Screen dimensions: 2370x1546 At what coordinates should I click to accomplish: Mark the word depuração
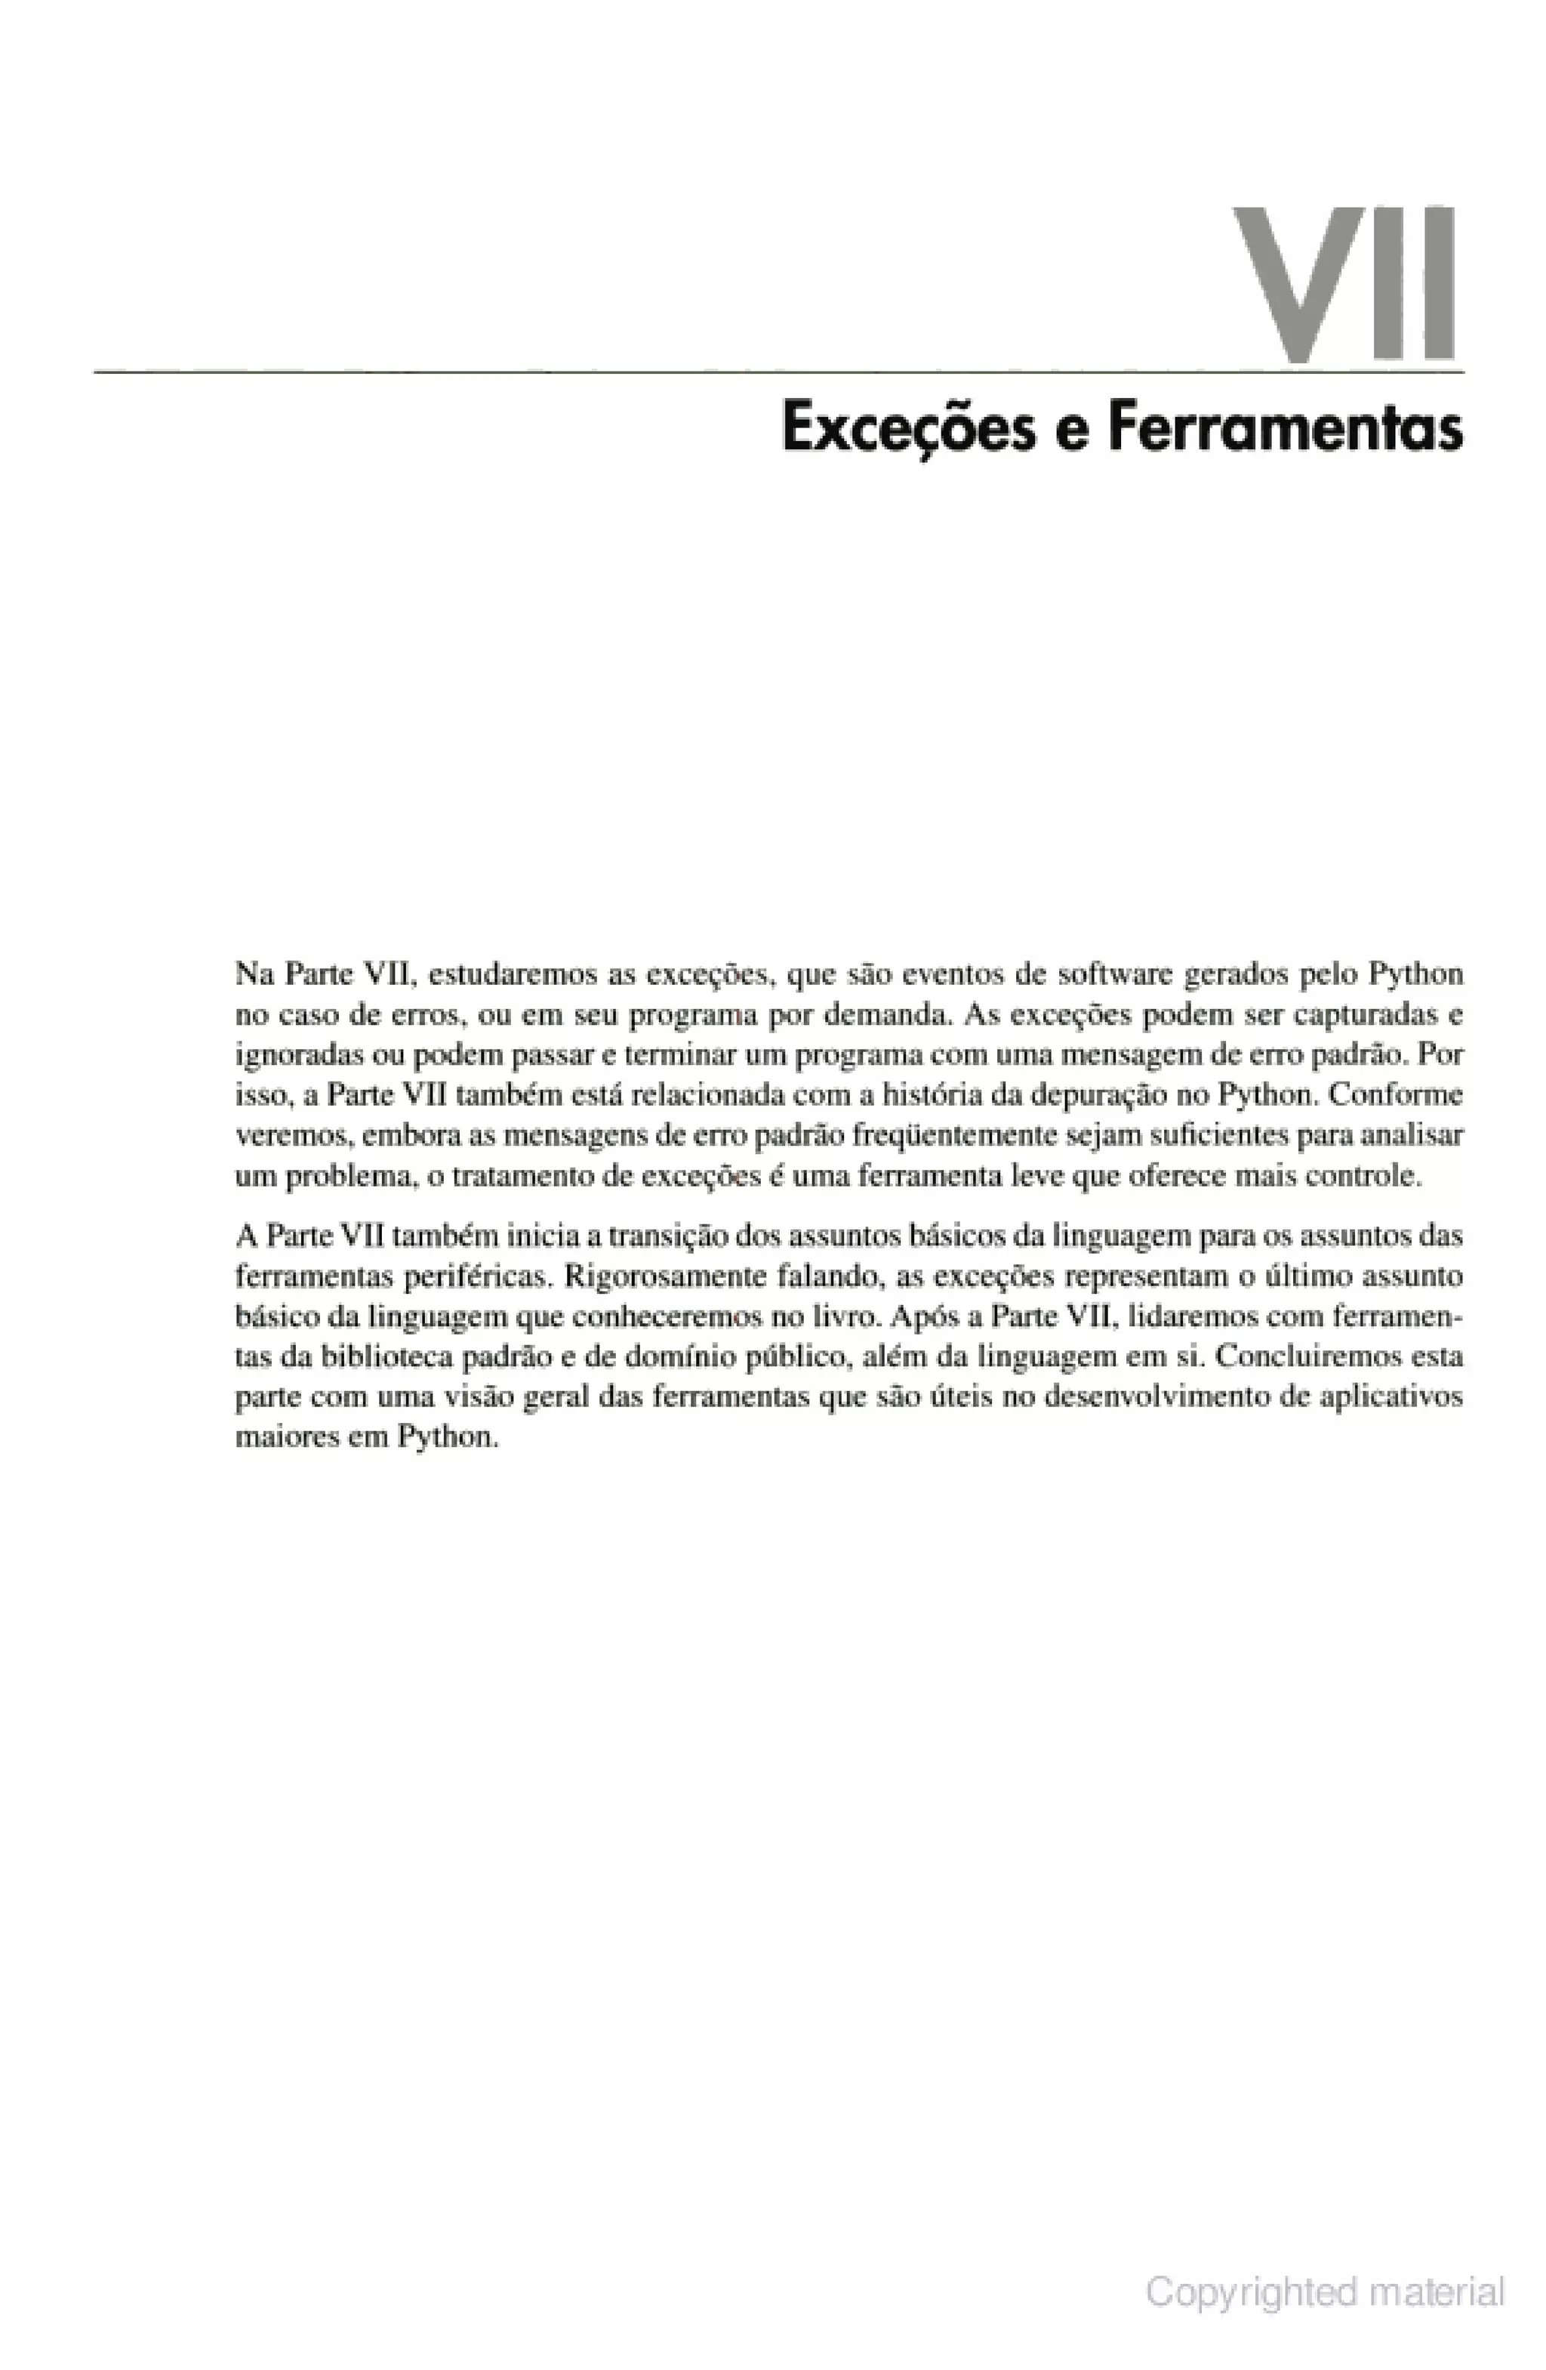1100,1095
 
